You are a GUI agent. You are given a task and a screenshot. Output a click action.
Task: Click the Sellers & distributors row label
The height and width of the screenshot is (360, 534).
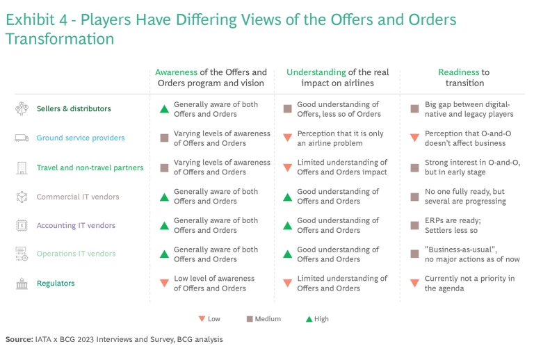click(73, 109)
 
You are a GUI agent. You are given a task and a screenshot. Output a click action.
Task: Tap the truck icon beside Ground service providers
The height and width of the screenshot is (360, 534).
click(22, 138)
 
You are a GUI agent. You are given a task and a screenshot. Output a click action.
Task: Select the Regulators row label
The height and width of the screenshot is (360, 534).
click(55, 284)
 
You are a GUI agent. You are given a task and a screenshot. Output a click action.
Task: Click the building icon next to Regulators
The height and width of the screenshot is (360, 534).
click(22, 284)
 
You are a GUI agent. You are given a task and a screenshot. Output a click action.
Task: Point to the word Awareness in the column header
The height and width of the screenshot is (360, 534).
click(176, 72)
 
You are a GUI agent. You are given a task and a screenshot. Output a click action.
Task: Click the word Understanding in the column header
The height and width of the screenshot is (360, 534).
click(316, 72)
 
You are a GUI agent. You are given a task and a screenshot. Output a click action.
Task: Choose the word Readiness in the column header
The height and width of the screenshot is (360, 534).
click(459, 72)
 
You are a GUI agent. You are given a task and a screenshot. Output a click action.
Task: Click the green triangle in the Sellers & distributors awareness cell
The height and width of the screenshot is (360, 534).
click(164, 109)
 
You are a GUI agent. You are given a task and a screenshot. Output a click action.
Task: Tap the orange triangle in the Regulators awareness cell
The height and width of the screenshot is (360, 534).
click(164, 284)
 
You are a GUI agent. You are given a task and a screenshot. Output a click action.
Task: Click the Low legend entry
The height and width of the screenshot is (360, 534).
click(209, 319)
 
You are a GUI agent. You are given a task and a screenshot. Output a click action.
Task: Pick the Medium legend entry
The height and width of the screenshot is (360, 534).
click(264, 319)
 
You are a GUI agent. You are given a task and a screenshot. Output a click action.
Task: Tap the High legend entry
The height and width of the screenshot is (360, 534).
click(317, 319)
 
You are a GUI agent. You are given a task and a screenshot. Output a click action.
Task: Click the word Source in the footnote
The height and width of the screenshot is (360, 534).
click(19, 340)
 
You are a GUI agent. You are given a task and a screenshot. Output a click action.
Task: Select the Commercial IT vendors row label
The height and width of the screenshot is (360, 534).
click(77, 197)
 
